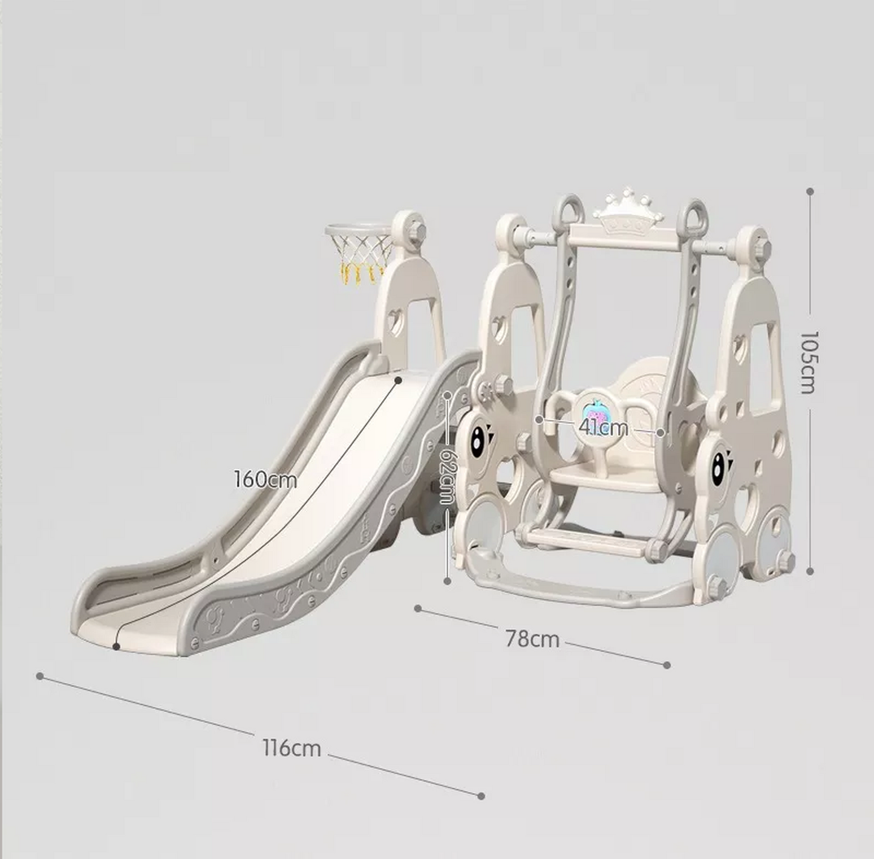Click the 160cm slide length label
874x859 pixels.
click(x=266, y=479)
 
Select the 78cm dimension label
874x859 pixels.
click(x=532, y=639)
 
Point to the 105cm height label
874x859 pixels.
click(x=808, y=361)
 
